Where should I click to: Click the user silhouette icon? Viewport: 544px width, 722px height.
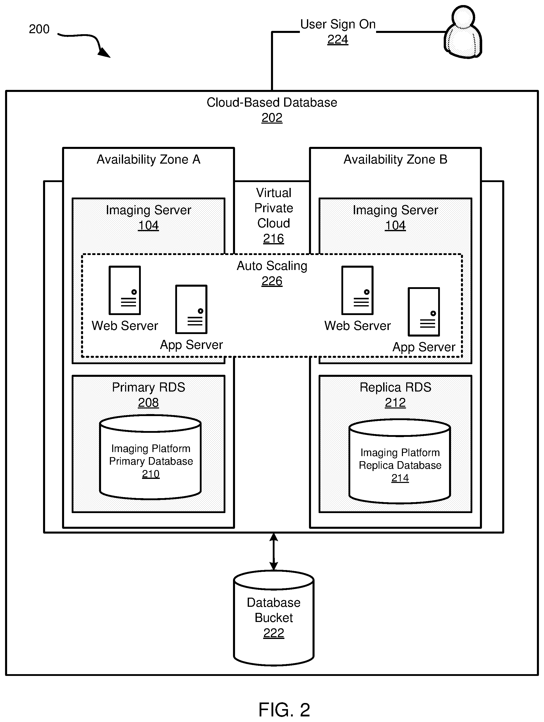coord(463,32)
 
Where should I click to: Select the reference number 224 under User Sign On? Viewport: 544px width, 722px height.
coord(338,40)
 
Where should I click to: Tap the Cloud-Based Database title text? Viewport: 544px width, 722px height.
coord(272,103)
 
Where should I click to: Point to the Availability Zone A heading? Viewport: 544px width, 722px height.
coord(148,159)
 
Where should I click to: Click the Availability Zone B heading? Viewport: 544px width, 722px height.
coord(395,159)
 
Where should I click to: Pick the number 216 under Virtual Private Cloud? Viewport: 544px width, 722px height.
coord(274,239)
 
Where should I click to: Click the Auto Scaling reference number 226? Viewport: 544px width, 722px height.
coord(272,281)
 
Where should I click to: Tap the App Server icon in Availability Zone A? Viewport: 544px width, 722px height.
coord(191,309)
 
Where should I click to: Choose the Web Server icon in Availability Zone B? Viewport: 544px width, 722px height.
coord(357,290)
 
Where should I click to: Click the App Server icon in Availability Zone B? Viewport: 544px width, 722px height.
coord(424,312)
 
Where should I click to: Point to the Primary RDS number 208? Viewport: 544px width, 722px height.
coord(148,402)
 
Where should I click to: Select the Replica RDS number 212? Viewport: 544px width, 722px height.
coord(395,402)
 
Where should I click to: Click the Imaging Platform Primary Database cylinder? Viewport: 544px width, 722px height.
coord(150,457)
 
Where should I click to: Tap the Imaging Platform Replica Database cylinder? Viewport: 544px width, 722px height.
coord(400,461)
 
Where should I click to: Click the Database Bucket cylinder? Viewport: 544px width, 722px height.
coord(274,618)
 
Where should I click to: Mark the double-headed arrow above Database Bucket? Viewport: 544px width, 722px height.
coord(274,552)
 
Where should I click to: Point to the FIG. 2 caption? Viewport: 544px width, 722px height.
coord(284,709)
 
